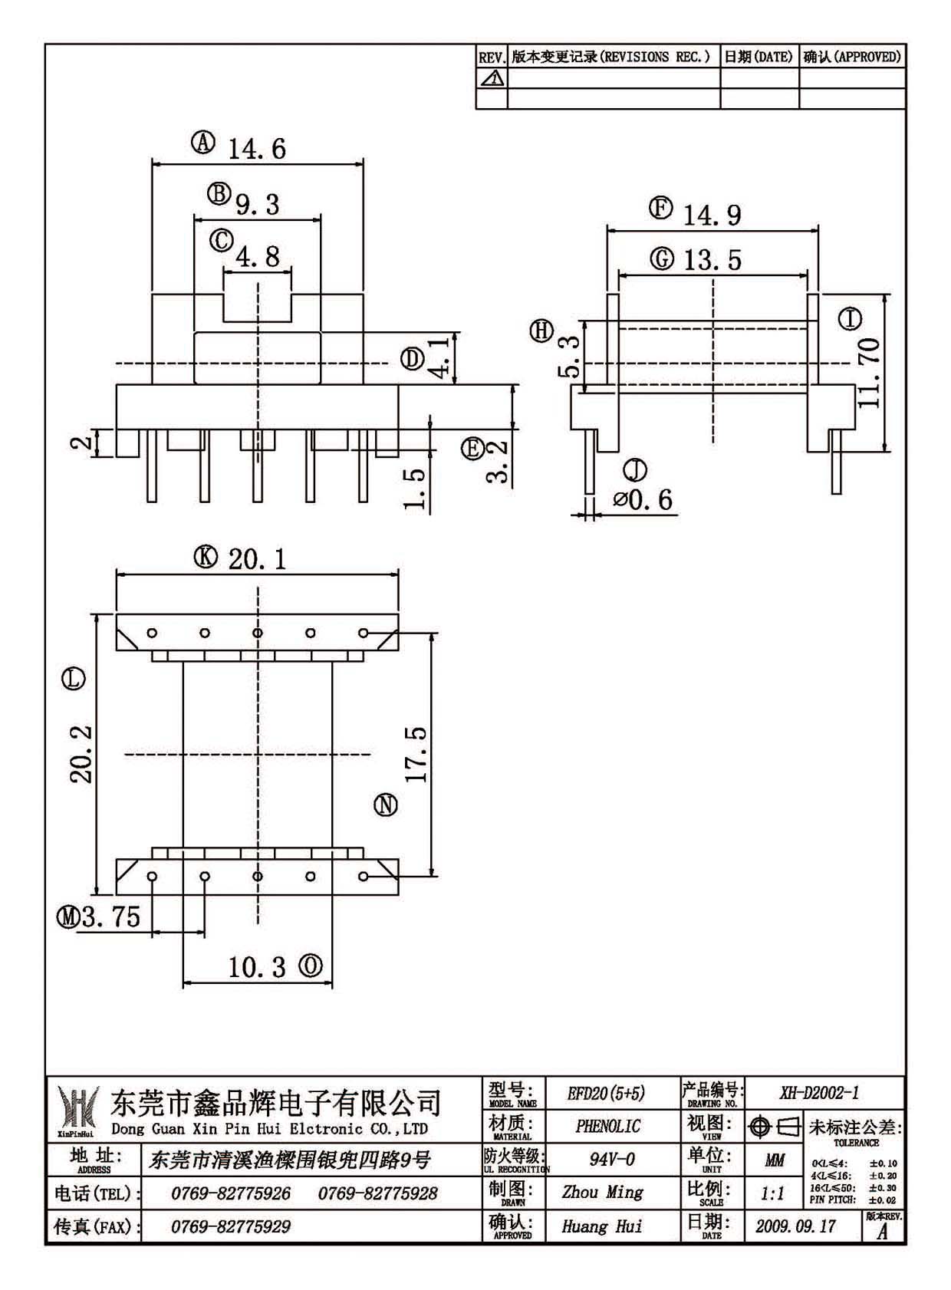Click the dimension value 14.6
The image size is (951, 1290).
point(257,149)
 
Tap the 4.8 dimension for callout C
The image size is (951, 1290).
point(258,256)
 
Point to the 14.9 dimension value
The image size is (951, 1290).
point(712,216)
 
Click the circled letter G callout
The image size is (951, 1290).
point(662,258)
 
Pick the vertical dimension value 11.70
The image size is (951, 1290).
point(869,374)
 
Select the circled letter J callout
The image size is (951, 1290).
point(635,470)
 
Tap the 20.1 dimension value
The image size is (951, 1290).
point(257,559)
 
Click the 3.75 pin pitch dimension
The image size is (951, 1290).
point(110,916)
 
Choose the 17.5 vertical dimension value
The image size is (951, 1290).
point(416,754)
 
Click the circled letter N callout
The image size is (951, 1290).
point(386,805)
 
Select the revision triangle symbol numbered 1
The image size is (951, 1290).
point(492,78)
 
